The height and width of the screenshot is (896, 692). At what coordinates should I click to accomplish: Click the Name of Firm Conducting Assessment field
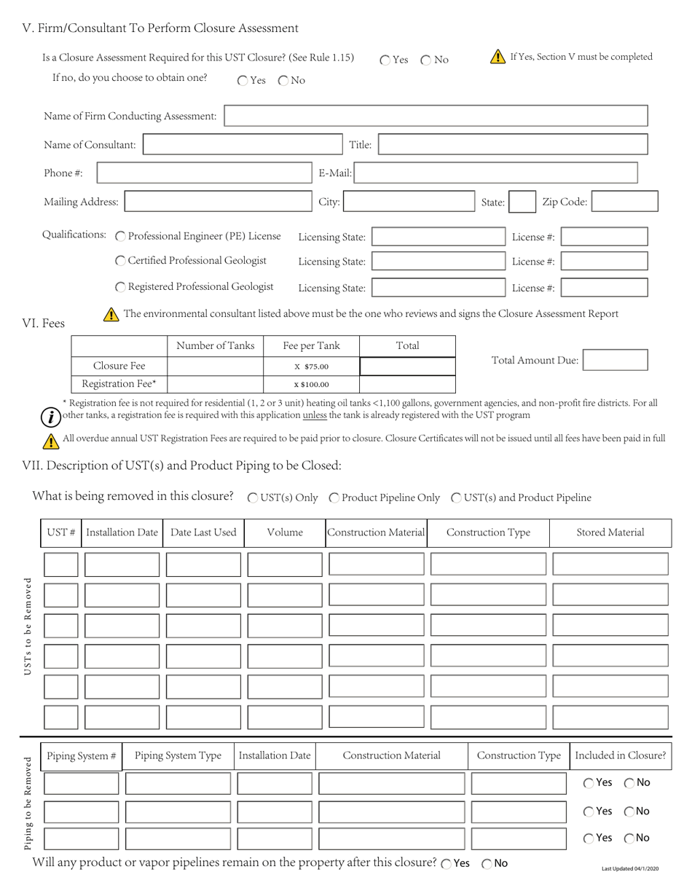pyautogui.click(x=436, y=116)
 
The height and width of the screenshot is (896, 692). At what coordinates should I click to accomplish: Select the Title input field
pyautogui.click(x=513, y=144)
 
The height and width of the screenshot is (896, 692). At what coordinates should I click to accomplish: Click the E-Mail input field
pyautogui.click(x=496, y=173)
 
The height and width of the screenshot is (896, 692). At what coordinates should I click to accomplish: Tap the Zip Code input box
pyautogui.click(x=625, y=202)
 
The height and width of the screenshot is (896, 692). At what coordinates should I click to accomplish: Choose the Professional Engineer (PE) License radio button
pyautogui.click(x=121, y=237)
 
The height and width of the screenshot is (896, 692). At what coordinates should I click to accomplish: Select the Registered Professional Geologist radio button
pyautogui.click(x=121, y=287)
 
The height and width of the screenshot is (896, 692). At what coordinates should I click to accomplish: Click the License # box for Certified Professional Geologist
pyautogui.click(x=604, y=262)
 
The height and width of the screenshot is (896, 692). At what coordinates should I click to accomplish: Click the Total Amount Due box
pyautogui.click(x=615, y=360)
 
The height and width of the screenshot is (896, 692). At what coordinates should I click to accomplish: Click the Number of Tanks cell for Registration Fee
pyautogui.click(x=215, y=384)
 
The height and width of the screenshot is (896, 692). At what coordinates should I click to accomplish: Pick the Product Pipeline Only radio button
pyautogui.click(x=334, y=498)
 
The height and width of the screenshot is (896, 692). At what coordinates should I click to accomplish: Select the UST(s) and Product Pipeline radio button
pyautogui.click(x=456, y=498)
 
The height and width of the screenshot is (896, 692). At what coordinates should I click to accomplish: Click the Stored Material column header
pyautogui.click(x=610, y=533)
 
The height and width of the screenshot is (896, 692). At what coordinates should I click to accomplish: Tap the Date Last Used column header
pyautogui.click(x=203, y=533)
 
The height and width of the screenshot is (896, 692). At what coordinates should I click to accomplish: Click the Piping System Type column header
pyautogui.click(x=178, y=755)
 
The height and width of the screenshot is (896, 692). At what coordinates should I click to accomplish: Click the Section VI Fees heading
pyautogui.click(x=44, y=323)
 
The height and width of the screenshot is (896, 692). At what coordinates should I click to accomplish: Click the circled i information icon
pyautogui.click(x=50, y=417)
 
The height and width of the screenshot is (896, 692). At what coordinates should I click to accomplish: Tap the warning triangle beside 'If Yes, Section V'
pyautogui.click(x=498, y=57)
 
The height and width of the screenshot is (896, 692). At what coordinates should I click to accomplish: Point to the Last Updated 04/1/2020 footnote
pyautogui.click(x=630, y=868)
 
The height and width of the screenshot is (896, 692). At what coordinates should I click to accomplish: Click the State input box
pyautogui.click(x=522, y=202)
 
